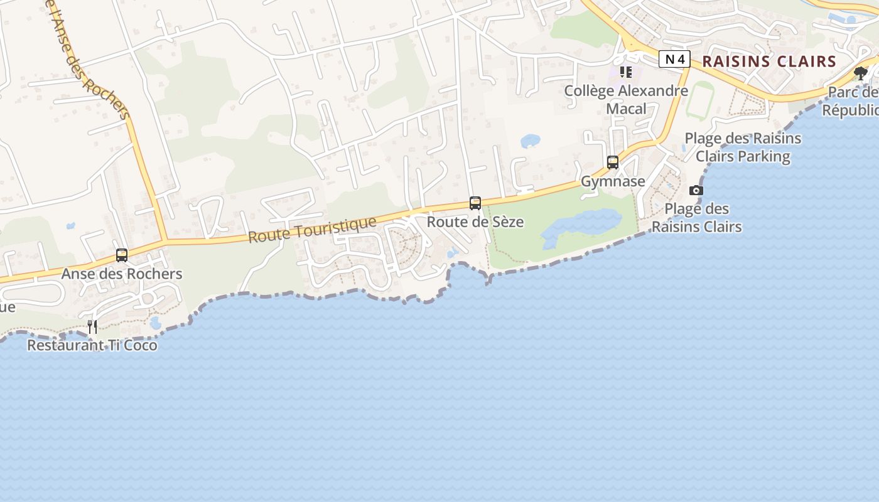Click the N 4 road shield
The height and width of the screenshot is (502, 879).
point(674,60)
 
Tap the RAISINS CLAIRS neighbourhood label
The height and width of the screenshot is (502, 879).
point(769,61)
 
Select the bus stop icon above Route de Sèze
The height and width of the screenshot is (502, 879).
point(475,203)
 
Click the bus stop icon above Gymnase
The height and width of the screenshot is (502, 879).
point(613,163)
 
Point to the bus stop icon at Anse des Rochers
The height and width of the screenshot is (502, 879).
point(122,255)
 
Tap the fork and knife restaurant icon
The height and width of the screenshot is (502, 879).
point(92,326)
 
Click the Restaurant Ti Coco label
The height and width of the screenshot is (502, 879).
point(92,345)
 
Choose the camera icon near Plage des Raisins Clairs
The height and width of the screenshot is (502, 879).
point(696,190)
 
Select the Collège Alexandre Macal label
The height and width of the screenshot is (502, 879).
point(626,99)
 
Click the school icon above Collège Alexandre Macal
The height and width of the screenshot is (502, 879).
point(626,72)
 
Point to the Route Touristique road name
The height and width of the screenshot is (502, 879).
point(312,230)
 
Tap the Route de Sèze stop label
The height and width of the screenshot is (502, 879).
point(475,222)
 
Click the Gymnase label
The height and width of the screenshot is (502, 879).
point(613,181)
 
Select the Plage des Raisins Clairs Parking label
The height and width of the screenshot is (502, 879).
point(743,147)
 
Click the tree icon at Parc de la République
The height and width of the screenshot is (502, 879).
point(861,73)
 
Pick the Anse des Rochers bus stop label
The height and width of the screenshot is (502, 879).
point(122,274)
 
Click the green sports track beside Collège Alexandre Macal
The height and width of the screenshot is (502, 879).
point(699,100)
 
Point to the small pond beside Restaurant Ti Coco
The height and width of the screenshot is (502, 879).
point(155,323)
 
